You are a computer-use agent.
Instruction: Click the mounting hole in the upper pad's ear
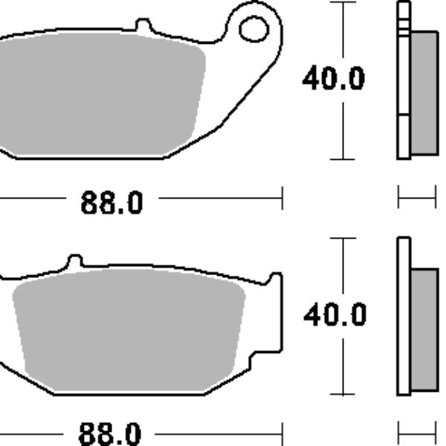click(x=253, y=29)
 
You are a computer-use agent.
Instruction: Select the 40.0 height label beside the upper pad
click(x=333, y=79)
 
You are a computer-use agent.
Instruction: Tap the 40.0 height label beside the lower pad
click(x=334, y=315)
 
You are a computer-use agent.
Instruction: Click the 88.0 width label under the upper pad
click(x=111, y=203)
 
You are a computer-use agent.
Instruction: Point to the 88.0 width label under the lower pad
click(x=110, y=433)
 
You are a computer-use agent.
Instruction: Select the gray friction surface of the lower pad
click(x=126, y=327)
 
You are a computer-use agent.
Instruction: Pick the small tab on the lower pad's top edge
click(x=74, y=262)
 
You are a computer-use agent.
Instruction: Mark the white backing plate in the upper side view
click(x=404, y=82)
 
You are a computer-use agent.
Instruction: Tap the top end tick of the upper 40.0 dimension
click(x=342, y=2)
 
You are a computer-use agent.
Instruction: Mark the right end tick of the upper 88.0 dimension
click(x=282, y=198)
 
